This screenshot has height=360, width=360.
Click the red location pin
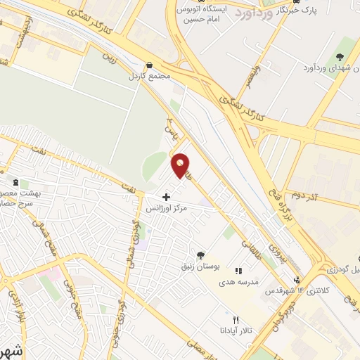[x=181, y=165]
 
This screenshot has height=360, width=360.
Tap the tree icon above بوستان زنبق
[x=202, y=255]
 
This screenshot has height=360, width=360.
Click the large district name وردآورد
[x=247, y=13]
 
